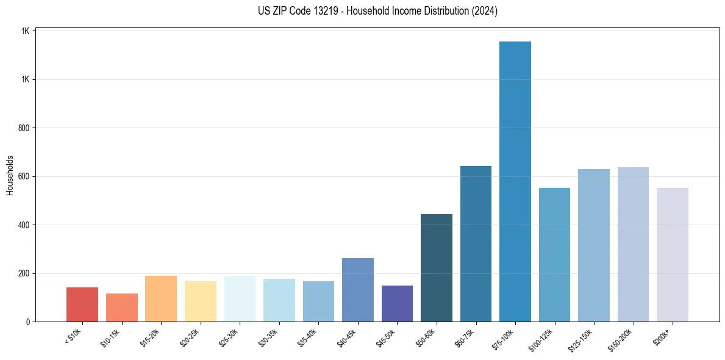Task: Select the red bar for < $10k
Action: [x=82, y=304]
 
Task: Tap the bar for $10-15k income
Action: [x=121, y=308]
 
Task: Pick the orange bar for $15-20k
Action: [x=161, y=299]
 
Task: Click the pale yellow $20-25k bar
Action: [x=200, y=301]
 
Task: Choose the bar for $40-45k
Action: [x=357, y=290]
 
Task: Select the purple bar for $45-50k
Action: [x=397, y=303]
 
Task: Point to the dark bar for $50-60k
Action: [x=436, y=268]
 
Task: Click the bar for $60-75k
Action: [x=476, y=244]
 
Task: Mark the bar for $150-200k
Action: [x=633, y=245]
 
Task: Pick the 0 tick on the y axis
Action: [x=28, y=322]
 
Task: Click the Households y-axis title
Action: [x=10, y=175]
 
